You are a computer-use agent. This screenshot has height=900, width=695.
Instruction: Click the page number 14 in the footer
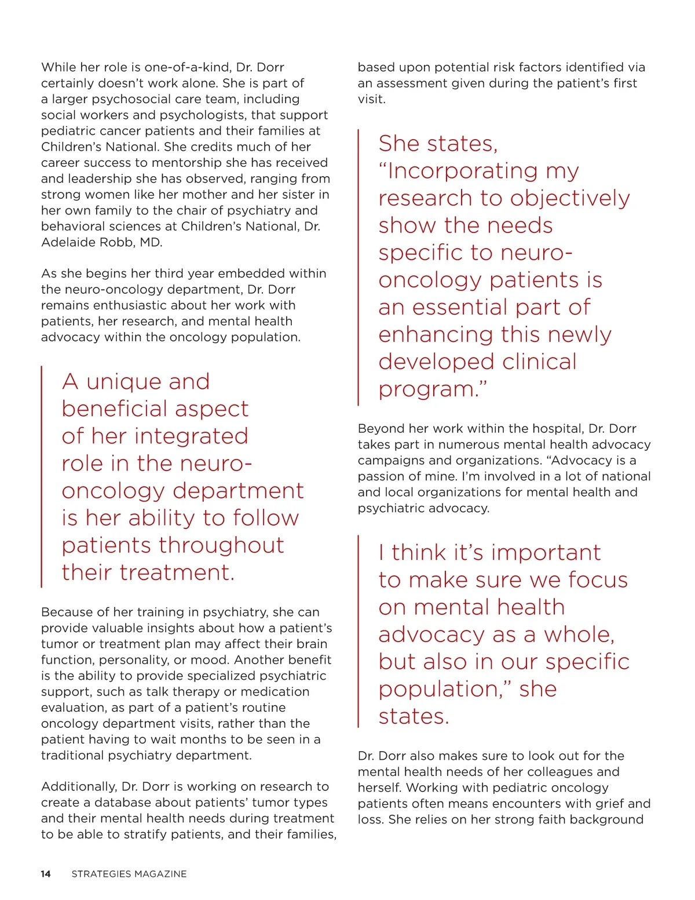click(46, 874)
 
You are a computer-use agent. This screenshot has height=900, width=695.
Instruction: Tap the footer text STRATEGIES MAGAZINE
click(129, 874)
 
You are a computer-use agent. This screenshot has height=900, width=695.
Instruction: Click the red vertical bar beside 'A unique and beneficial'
click(42, 476)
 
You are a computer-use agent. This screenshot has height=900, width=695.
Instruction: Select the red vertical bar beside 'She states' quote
click(359, 267)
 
